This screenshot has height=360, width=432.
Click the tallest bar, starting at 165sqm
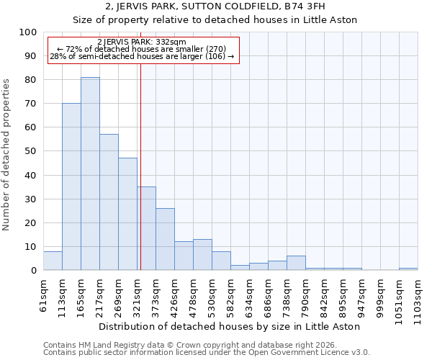point(90,174)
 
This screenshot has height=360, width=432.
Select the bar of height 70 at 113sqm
point(71,186)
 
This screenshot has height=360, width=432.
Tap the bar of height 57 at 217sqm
point(109,202)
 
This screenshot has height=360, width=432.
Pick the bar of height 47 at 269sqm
point(127,214)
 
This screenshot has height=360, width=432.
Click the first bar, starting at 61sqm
point(53,261)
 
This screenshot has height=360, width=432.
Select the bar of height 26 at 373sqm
point(165,239)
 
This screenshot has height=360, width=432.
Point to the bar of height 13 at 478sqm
point(202,255)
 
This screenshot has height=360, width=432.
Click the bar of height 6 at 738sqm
point(296,264)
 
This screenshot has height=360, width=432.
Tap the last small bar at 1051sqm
point(408,269)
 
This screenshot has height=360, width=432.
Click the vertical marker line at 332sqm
point(140,166)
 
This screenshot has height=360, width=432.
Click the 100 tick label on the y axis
point(28,32)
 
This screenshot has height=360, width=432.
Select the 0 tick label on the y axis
point(34,270)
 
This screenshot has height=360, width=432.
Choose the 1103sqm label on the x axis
point(418,299)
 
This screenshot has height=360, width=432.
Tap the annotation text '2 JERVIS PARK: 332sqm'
point(142,42)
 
